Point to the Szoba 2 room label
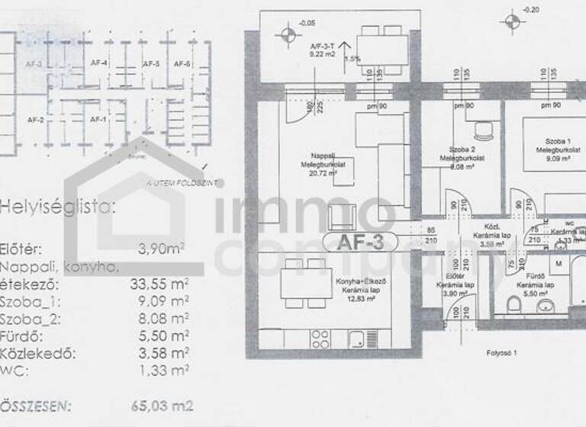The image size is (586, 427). pos(462,149)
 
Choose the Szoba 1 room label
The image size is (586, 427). pos(559,141)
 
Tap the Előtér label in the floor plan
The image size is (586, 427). pos(456,277)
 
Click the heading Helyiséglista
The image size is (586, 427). pos(59,206)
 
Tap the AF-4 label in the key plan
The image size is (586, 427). pos(98,63)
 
